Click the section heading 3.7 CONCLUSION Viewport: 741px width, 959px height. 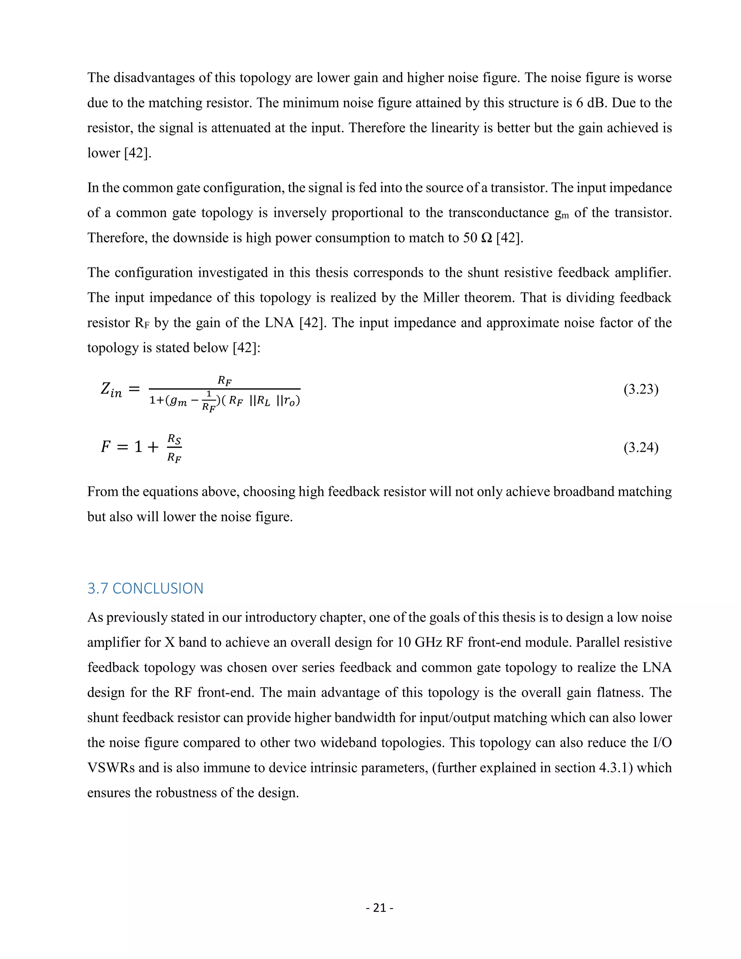(x=145, y=588)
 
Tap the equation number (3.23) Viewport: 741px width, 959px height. (x=641, y=389)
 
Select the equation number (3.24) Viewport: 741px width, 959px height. (x=641, y=447)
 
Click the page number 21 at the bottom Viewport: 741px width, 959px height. (x=379, y=908)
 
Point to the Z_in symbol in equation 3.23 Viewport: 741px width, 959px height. (x=111, y=389)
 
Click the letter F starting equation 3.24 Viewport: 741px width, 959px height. (x=105, y=447)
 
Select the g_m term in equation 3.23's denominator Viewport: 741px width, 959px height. (x=179, y=401)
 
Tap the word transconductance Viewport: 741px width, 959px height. (x=498, y=213)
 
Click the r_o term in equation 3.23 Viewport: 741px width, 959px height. (x=290, y=401)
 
